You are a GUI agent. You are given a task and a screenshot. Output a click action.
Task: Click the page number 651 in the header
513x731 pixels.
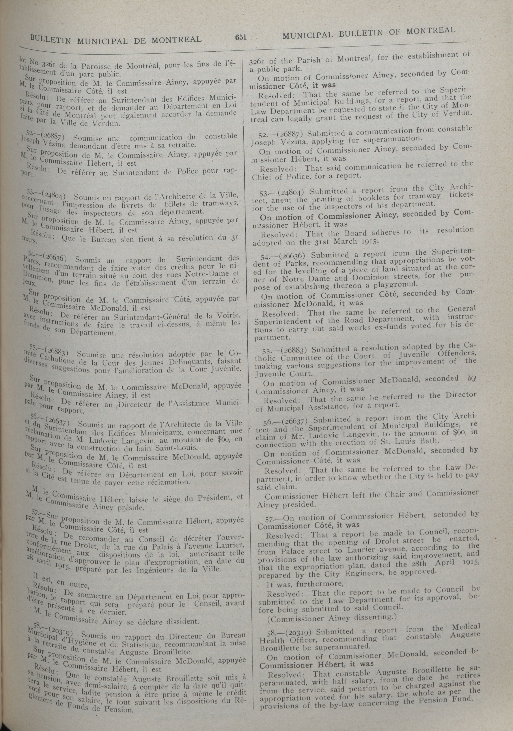point(241,37)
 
